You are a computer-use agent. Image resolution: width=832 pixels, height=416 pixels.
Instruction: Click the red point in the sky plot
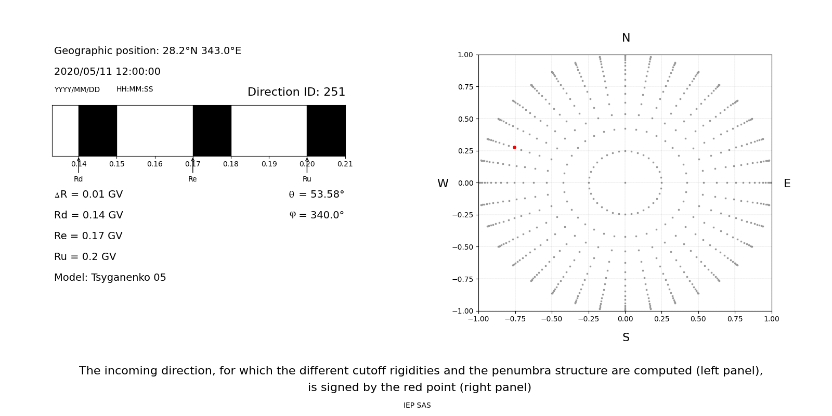click(514, 147)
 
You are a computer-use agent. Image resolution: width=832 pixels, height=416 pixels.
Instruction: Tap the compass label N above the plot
click(626, 38)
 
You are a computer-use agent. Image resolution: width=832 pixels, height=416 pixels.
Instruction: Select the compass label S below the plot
click(626, 337)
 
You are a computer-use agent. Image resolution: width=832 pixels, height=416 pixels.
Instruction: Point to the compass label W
click(443, 184)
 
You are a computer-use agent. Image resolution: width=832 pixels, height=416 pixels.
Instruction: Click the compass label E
click(787, 184)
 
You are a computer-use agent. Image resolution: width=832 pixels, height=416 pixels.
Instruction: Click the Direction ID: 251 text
click(296, 92)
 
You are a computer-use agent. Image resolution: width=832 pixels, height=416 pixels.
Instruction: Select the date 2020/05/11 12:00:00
click(107, 72)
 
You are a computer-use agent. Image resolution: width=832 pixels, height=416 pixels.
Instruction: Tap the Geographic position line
click(148, 51)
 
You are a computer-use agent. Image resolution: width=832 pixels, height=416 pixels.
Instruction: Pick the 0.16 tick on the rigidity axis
click(154, 164)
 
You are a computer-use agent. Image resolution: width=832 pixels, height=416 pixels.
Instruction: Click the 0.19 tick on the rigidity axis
click(269, 164)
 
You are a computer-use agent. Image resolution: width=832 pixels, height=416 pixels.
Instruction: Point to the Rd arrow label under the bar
click(78, 179)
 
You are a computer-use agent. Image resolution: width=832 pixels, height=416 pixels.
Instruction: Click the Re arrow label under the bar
click(192, 179)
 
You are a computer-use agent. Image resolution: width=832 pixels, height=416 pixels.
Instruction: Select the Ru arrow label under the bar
click(307, 179)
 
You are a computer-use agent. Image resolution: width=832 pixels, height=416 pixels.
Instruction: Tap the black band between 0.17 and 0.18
click(212, 131)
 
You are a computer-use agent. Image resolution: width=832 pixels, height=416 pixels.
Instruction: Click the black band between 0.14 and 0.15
click(97, 131)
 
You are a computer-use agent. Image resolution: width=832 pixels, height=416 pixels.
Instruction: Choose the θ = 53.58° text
click(316, 194)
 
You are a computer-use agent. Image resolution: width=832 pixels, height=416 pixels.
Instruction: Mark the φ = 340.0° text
click(316, 215)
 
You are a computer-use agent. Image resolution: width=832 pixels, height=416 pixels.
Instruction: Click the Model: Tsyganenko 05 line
click(110, 278)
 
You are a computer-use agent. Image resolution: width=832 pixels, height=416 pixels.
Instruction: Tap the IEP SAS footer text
click(417, 406)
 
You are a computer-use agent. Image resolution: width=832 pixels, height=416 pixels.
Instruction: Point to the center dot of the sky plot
click(625, 183)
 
